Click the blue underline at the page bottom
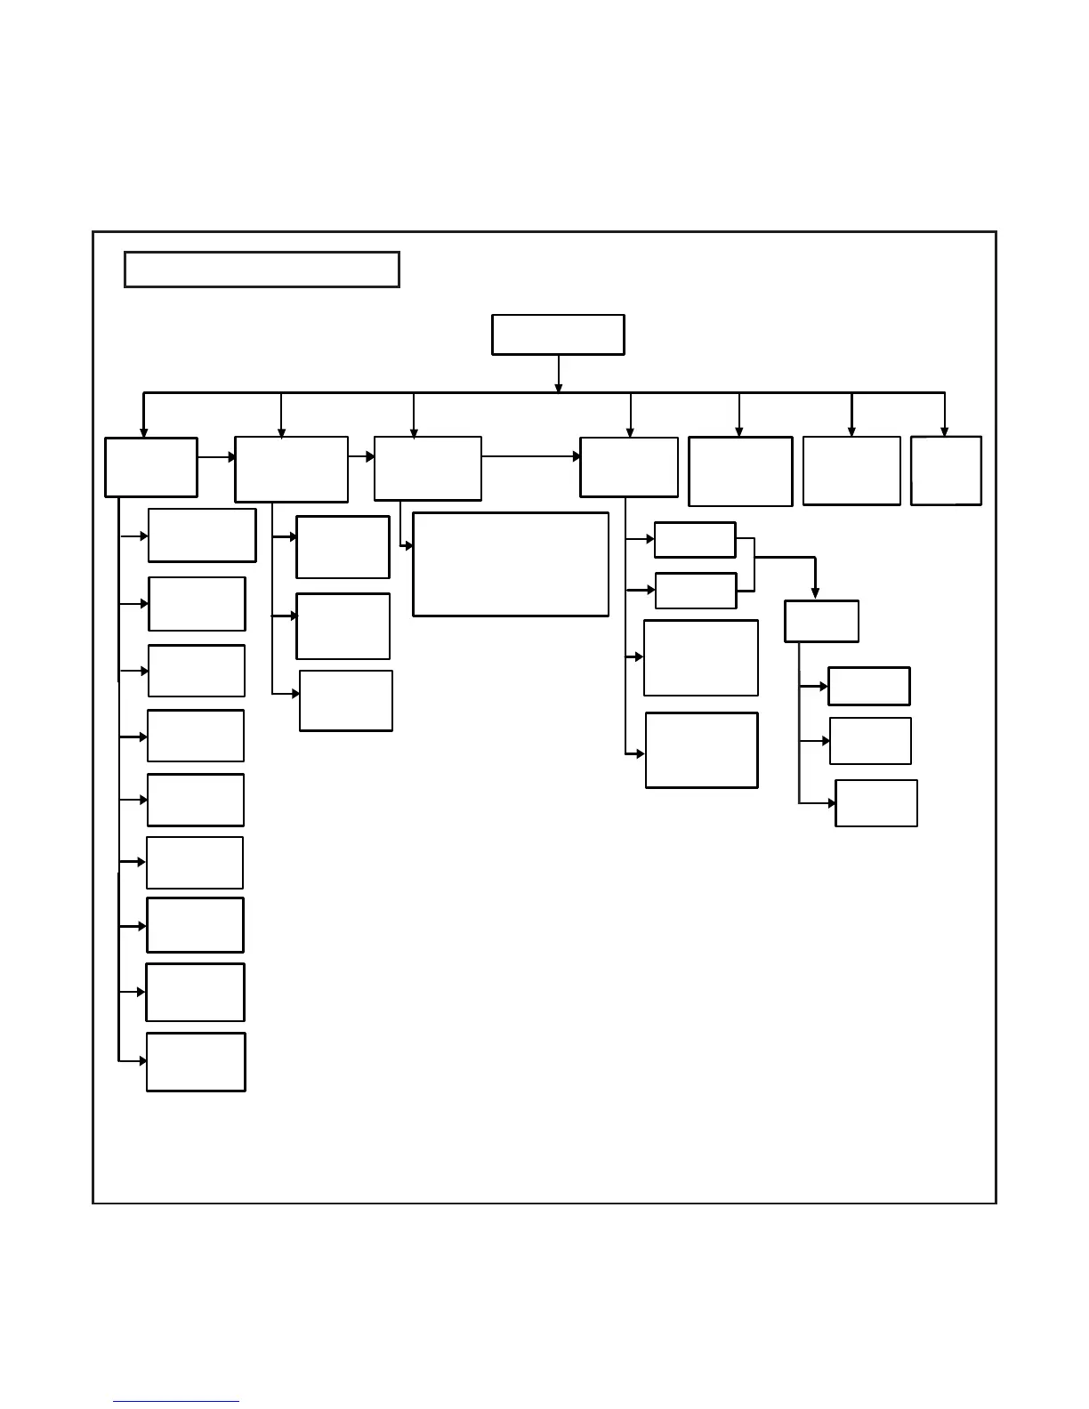(176, 1402)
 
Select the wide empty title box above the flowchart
(262, 270)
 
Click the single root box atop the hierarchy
(558, 334)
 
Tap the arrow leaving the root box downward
(558, 374)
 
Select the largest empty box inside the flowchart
(511, 564)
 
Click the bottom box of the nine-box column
(196, 1061)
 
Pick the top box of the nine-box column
(202, 535)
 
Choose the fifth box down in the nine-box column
(196, 800)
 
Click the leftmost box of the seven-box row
(151, 467)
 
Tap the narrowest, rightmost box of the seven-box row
(946, 471)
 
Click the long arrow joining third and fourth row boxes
(530, 456)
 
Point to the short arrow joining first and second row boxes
(216, 457)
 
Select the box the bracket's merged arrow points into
(821, 621)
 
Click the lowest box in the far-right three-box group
(876, 803)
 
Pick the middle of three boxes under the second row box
(343, 626)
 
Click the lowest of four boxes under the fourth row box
(701, 750)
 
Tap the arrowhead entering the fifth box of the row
(739, 431)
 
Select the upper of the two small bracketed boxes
(695, 540)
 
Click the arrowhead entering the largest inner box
(408, 545)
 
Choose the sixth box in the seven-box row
(851, 471)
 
